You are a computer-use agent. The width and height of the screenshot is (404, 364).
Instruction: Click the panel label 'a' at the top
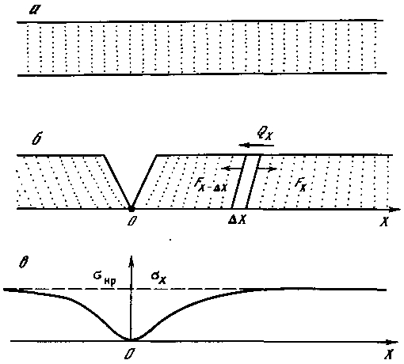point(34,10)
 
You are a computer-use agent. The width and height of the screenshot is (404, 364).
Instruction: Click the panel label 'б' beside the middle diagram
point(37,138)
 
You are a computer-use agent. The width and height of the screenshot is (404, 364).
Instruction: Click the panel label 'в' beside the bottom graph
point(24,262)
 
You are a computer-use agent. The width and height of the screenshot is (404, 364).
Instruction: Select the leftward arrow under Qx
point(256,146)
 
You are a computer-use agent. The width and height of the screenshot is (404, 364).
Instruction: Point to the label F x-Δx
point(211,184)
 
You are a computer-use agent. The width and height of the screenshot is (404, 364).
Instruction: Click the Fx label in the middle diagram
point(300,184)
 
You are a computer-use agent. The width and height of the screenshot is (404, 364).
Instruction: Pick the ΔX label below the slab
point(237,220)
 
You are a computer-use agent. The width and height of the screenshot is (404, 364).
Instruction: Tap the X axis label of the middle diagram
point(384,222)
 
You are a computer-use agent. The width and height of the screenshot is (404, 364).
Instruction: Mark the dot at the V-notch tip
point(131,209)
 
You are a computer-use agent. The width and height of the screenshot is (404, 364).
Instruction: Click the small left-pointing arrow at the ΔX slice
point(231,169)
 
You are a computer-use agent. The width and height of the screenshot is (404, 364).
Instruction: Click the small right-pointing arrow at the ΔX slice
point(267,169)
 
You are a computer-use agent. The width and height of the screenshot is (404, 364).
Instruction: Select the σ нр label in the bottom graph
point(105,279)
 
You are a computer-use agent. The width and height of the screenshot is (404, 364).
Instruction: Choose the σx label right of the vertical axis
point(158,278)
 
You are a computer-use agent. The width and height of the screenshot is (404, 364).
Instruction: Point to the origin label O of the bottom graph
point(129,354)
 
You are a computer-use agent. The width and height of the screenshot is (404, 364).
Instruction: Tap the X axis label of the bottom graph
point(388,354)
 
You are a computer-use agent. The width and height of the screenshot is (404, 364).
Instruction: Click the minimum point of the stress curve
point(131,339)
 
